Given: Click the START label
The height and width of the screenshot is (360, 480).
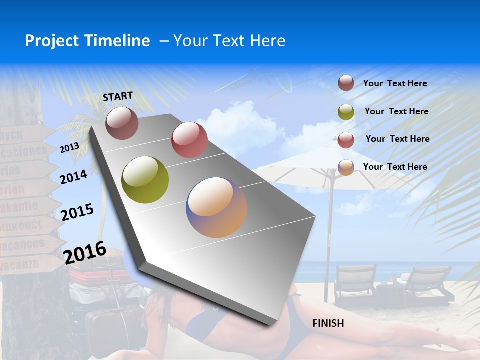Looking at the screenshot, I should click(118, 96).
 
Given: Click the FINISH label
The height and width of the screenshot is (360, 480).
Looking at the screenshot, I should click(328, 323).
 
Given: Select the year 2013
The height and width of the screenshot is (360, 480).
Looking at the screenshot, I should click(69, 148).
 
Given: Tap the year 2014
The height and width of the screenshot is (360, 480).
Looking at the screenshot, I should click(73, 177).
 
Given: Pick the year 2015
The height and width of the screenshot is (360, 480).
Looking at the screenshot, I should click(77, 212).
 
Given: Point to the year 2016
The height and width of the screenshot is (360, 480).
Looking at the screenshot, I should click(85, 253).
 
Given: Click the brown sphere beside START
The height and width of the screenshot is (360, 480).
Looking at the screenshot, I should click(122, 123).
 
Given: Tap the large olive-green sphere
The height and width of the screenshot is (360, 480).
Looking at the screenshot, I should click(145, 180).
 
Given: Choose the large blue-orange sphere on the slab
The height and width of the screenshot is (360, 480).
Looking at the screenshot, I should click(216, 207).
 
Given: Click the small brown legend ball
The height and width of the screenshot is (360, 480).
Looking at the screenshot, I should click(346, 83).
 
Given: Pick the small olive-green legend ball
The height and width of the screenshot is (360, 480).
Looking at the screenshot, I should click(346, 112).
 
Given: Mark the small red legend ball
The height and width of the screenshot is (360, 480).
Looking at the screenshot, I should click(346, 139).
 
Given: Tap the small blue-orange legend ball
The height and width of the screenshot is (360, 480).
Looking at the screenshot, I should click(346, 167).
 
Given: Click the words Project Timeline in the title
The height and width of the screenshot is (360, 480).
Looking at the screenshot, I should click(87, 41).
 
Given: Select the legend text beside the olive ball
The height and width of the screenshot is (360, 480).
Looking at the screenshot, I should click(396, 111).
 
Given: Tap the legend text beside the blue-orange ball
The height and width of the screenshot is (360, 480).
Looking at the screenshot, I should click(395, 167).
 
